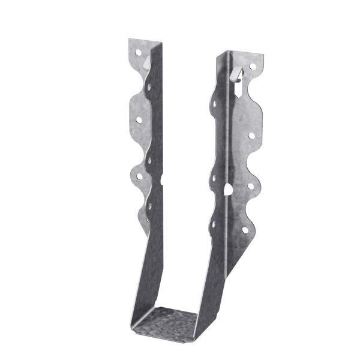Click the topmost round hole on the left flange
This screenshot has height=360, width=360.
pyautogui.click(x=138, y=53)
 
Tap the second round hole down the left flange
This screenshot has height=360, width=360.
pyautogui.click(x=139, y=119)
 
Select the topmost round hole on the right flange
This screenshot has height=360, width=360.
pyautogui.click(x=253, y=66)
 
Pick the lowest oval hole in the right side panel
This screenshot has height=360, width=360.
pyautogui.click(x=214, y=224)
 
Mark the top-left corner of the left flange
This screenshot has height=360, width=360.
pyautogui.click(x=129, y=40)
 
